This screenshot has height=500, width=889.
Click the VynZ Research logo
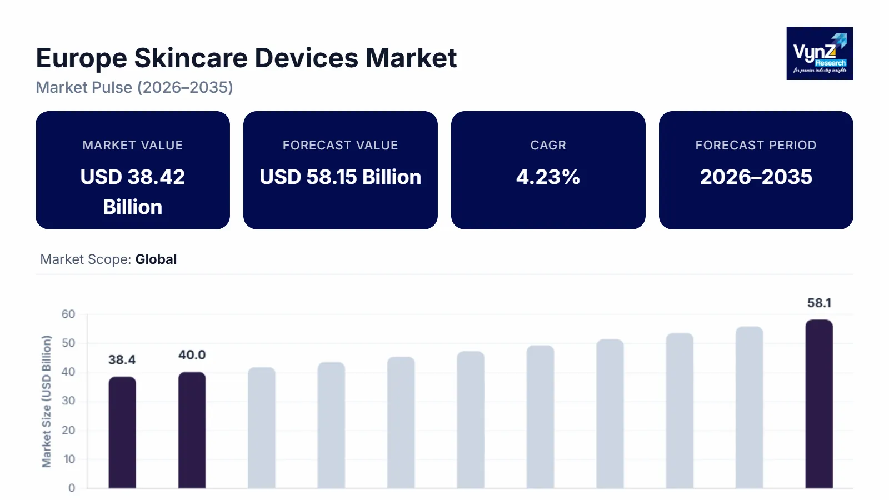(820, 53)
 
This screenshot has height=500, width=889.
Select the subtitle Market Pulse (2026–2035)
(134, 88)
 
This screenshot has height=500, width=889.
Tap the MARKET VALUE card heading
(132, 145)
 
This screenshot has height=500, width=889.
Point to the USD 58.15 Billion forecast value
(340, 177)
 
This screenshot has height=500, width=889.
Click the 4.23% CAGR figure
(548, 177)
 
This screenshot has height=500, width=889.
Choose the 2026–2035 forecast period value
(756, 177)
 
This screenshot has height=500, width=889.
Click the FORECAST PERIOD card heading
(756, 145)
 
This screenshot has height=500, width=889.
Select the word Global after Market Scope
(156, 259)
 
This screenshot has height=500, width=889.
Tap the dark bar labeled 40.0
(192, 430)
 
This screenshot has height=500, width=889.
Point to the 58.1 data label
(819, 303)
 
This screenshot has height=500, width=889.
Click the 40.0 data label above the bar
(192, 355)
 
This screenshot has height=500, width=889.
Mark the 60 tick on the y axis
(68, 314)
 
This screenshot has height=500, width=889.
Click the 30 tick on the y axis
(68, 401)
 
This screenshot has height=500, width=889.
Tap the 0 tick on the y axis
(72, 488)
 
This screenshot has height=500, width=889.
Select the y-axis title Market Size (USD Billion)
(47, 401)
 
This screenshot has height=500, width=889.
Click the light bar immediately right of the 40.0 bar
(262, 428)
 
